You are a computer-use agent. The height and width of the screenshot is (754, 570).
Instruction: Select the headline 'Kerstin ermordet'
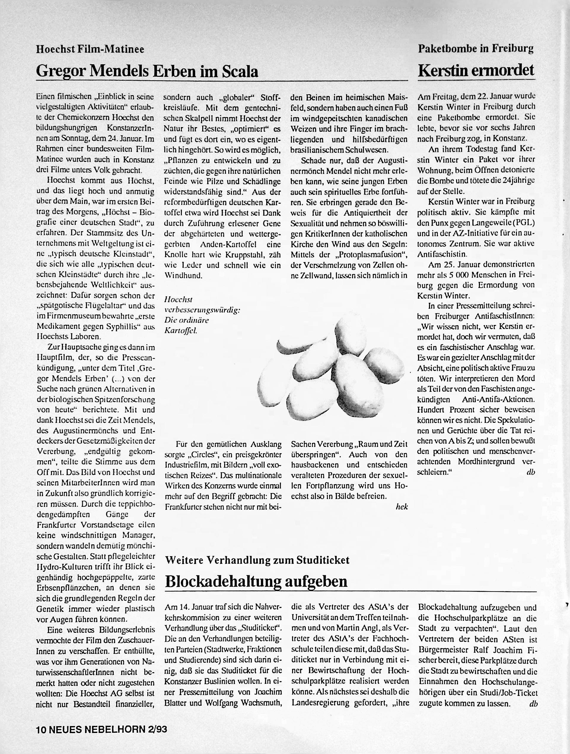pos(476,71)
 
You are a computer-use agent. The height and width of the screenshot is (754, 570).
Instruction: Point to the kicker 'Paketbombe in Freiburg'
pos(476,49)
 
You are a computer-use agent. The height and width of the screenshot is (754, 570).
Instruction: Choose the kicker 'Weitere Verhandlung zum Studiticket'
pos(257,560)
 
